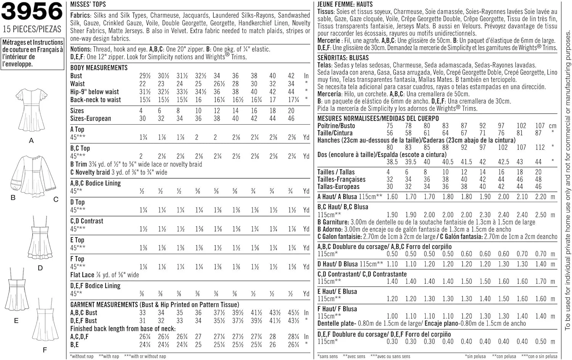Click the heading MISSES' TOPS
(88, 5)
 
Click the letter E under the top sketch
(16, 321)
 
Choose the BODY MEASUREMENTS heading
(99, 67)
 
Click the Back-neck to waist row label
(95, 100)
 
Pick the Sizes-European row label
(90, 118)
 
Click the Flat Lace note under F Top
(104, 275)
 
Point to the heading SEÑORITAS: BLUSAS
(343, 58)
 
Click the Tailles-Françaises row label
(341, 179)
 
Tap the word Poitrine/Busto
(336, 125)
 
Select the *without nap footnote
(82, 356)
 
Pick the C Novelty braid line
(119, 172)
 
